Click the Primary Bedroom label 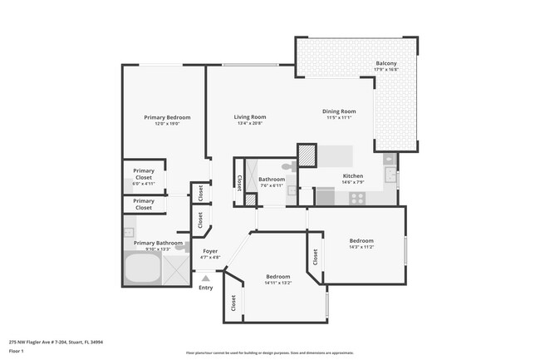click(x=167, y=117)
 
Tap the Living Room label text click(x=249, y=117)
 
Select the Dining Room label click(x=339, y=111)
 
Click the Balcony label click(x=386, y=63)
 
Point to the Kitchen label click(x=353, y=176)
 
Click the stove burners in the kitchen click(x=358, y=198)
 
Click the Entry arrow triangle click(x=205, y=279)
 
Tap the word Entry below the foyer click(x=205, y=288)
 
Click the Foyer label click(x=211, y=251)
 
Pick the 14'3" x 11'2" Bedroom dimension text click(x=361, y=247)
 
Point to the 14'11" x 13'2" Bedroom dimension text click(x=277, y=282)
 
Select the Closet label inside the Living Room click(x=239, y=181)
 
